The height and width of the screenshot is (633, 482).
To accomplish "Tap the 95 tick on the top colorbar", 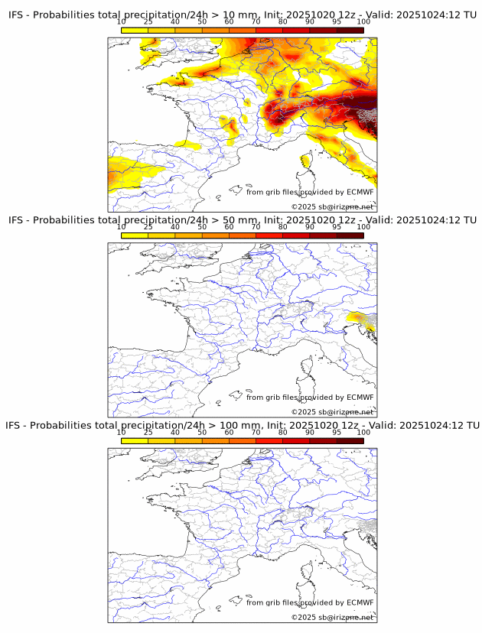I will coord(337,22).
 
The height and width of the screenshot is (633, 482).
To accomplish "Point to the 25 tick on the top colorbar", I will coord(148,22).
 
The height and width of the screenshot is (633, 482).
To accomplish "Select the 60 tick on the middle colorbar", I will coord(229,227).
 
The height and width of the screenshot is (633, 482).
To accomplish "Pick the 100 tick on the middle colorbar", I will coord(363,227).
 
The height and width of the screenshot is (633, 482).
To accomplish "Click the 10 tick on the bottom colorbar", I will coord(122,433).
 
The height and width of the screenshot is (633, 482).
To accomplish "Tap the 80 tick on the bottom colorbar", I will coord(283,433).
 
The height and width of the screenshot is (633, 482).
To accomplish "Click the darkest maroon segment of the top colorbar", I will coord(350,30).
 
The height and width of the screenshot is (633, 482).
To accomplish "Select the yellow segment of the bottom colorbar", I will coord(135,440).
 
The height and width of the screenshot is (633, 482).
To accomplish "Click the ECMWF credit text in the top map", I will coord(310,192).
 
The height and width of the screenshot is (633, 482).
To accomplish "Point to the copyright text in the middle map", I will coord(332,412).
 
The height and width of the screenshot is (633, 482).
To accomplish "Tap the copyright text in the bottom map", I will coord(332,617).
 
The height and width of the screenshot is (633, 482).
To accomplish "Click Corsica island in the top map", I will coord(305,161).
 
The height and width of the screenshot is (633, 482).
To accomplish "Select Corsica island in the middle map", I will coord(305,366).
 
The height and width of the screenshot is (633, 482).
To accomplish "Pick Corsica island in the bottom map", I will coord(305,571).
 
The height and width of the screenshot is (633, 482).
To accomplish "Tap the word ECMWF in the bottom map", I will coord(360,602).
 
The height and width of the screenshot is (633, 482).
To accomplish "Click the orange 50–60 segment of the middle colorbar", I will coord(216,235).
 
